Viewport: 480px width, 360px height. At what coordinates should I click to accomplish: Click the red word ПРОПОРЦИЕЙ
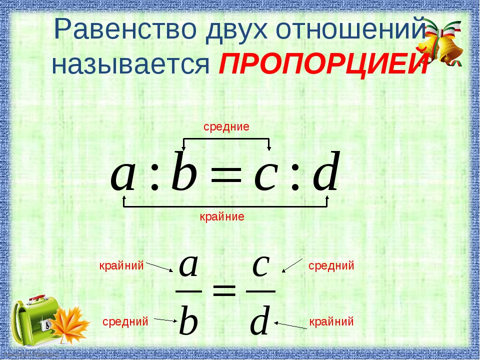click(x=324, y=64)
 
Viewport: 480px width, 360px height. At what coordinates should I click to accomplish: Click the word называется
click(x=130, y=65)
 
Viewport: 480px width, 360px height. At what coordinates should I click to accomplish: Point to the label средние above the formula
click(x=226, y=126)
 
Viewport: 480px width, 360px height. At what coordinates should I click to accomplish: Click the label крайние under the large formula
click(x=222, y=216)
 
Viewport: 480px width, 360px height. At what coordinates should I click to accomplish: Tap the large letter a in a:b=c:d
click(x=123, y=176)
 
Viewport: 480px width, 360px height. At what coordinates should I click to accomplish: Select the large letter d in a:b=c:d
click(x=326, y=171)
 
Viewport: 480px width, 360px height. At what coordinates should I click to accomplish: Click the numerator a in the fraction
click(x=188, y=265)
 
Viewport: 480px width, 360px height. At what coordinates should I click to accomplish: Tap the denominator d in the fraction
click(x=260, y=320)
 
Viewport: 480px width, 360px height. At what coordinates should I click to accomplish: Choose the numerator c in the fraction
click(x=261, y=265)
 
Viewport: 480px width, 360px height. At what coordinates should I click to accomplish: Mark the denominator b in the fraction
click(x=188, y=320)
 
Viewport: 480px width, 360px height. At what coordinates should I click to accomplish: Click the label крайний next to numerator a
click(x=121, y=265)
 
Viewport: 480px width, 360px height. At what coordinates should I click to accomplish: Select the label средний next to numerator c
click(x=331, y=265)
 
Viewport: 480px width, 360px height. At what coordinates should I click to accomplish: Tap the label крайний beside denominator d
click(x=331, y=321)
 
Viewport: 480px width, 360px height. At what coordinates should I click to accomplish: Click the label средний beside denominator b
click(x=125, y=321)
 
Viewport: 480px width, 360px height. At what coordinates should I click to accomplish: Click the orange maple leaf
click(x=70, y=324)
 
